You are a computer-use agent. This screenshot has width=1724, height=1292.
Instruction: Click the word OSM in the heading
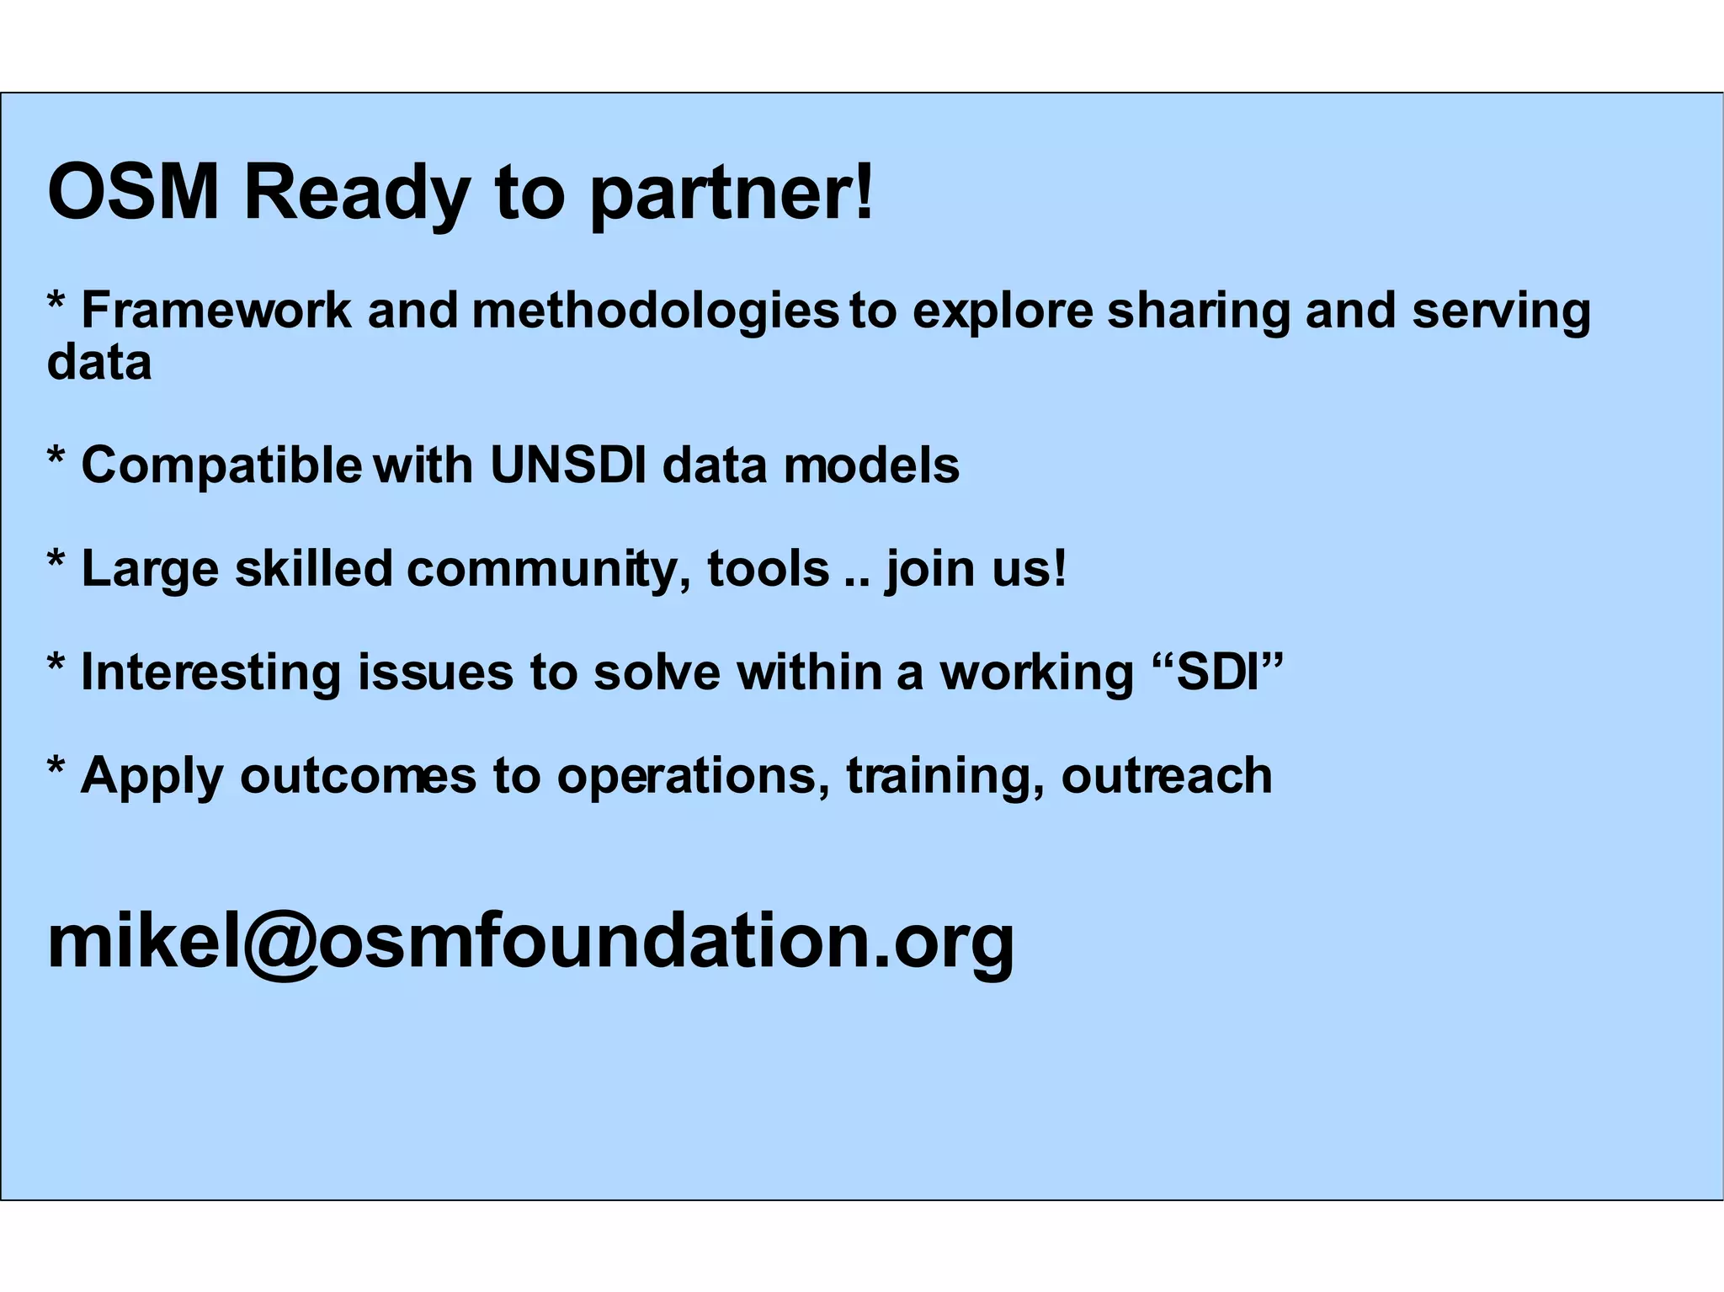pos(133,193)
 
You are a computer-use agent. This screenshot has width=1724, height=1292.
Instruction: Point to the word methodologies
pos(655,311)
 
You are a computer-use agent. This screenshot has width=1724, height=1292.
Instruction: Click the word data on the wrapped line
pos(99,362)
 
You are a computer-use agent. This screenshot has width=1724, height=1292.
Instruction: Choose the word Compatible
pos(221,465)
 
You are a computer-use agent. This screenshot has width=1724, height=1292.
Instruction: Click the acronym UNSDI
pos(568,465)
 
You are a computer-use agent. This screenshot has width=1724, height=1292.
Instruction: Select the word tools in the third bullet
pos(768,568)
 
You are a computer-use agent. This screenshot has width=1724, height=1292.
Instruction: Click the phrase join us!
pos(976,569)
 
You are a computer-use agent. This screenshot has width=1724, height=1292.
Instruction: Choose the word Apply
pos(152,776)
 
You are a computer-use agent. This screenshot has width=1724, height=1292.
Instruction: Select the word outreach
pos(1166,775)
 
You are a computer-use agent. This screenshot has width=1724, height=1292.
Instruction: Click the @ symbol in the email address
pos(279,943)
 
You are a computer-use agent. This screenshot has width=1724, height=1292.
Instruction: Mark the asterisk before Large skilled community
pos(56,560)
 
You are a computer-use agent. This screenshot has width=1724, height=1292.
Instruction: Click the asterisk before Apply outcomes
pos(56,767)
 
